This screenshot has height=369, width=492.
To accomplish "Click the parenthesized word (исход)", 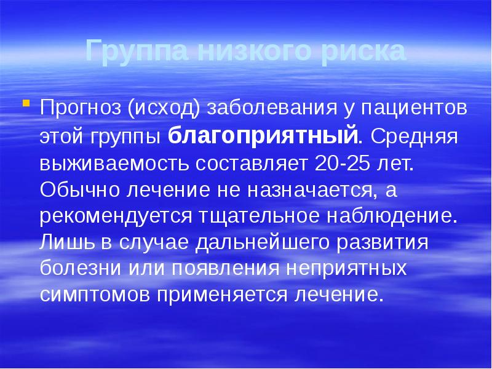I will click(163, 108).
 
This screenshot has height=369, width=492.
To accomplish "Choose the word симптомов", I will click(93, 294).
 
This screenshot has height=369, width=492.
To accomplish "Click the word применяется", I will click(225, 294).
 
